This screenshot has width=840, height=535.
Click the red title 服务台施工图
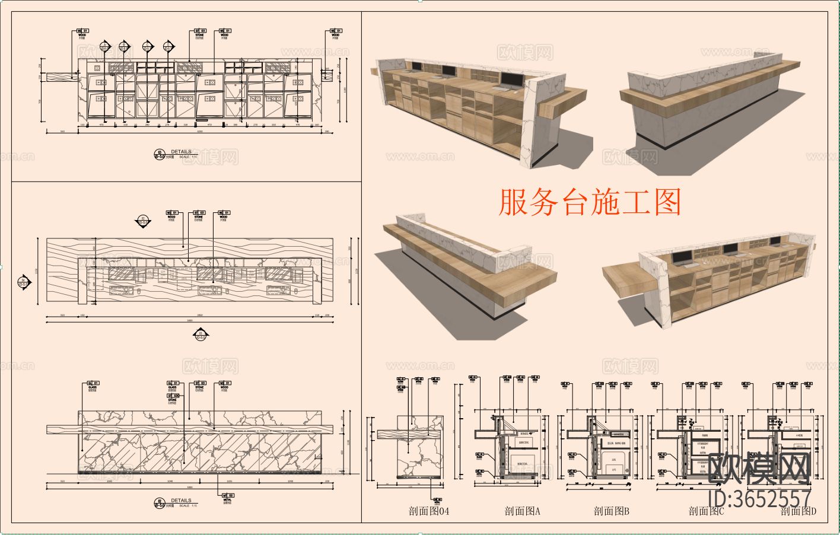click(589, 202)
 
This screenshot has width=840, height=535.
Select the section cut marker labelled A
click(105, 46)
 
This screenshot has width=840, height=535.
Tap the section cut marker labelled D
click(167, 46)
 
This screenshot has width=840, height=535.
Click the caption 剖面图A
click(523, 511)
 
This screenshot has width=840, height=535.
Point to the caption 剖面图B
click(612, 511)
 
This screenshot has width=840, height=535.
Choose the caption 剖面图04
click(429, 511)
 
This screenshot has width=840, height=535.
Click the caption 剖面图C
click(706, 511)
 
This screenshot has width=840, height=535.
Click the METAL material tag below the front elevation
click(227, 497)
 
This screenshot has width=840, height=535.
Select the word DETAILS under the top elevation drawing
click(181, 152)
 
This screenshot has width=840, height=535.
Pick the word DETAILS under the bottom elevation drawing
click(181, 501)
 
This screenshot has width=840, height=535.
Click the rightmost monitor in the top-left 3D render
click(509, 79)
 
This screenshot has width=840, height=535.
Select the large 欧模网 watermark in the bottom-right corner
click(760, 469)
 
